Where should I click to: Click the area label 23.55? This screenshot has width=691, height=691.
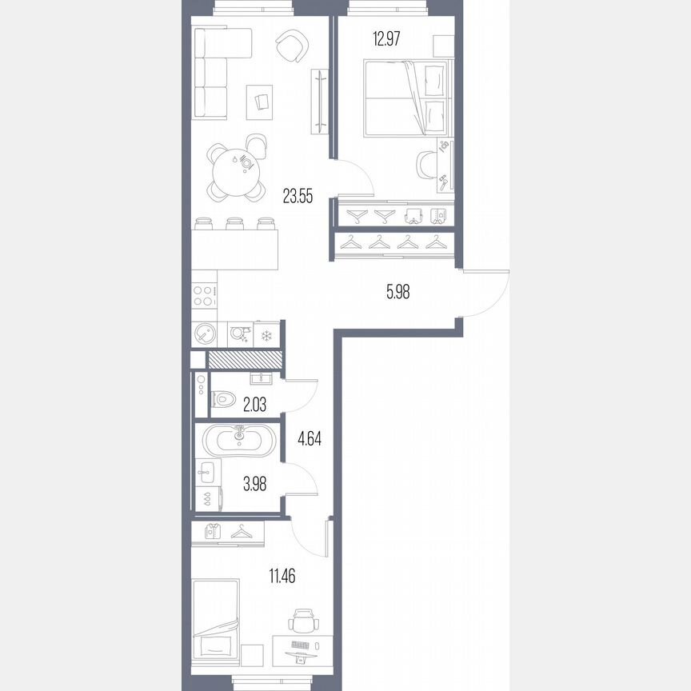299,195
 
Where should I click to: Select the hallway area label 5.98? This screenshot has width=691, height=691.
397,293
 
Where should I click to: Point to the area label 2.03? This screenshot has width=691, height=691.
254,405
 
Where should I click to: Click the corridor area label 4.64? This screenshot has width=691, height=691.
310,438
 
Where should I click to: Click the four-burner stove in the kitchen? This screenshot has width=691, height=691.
204,296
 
